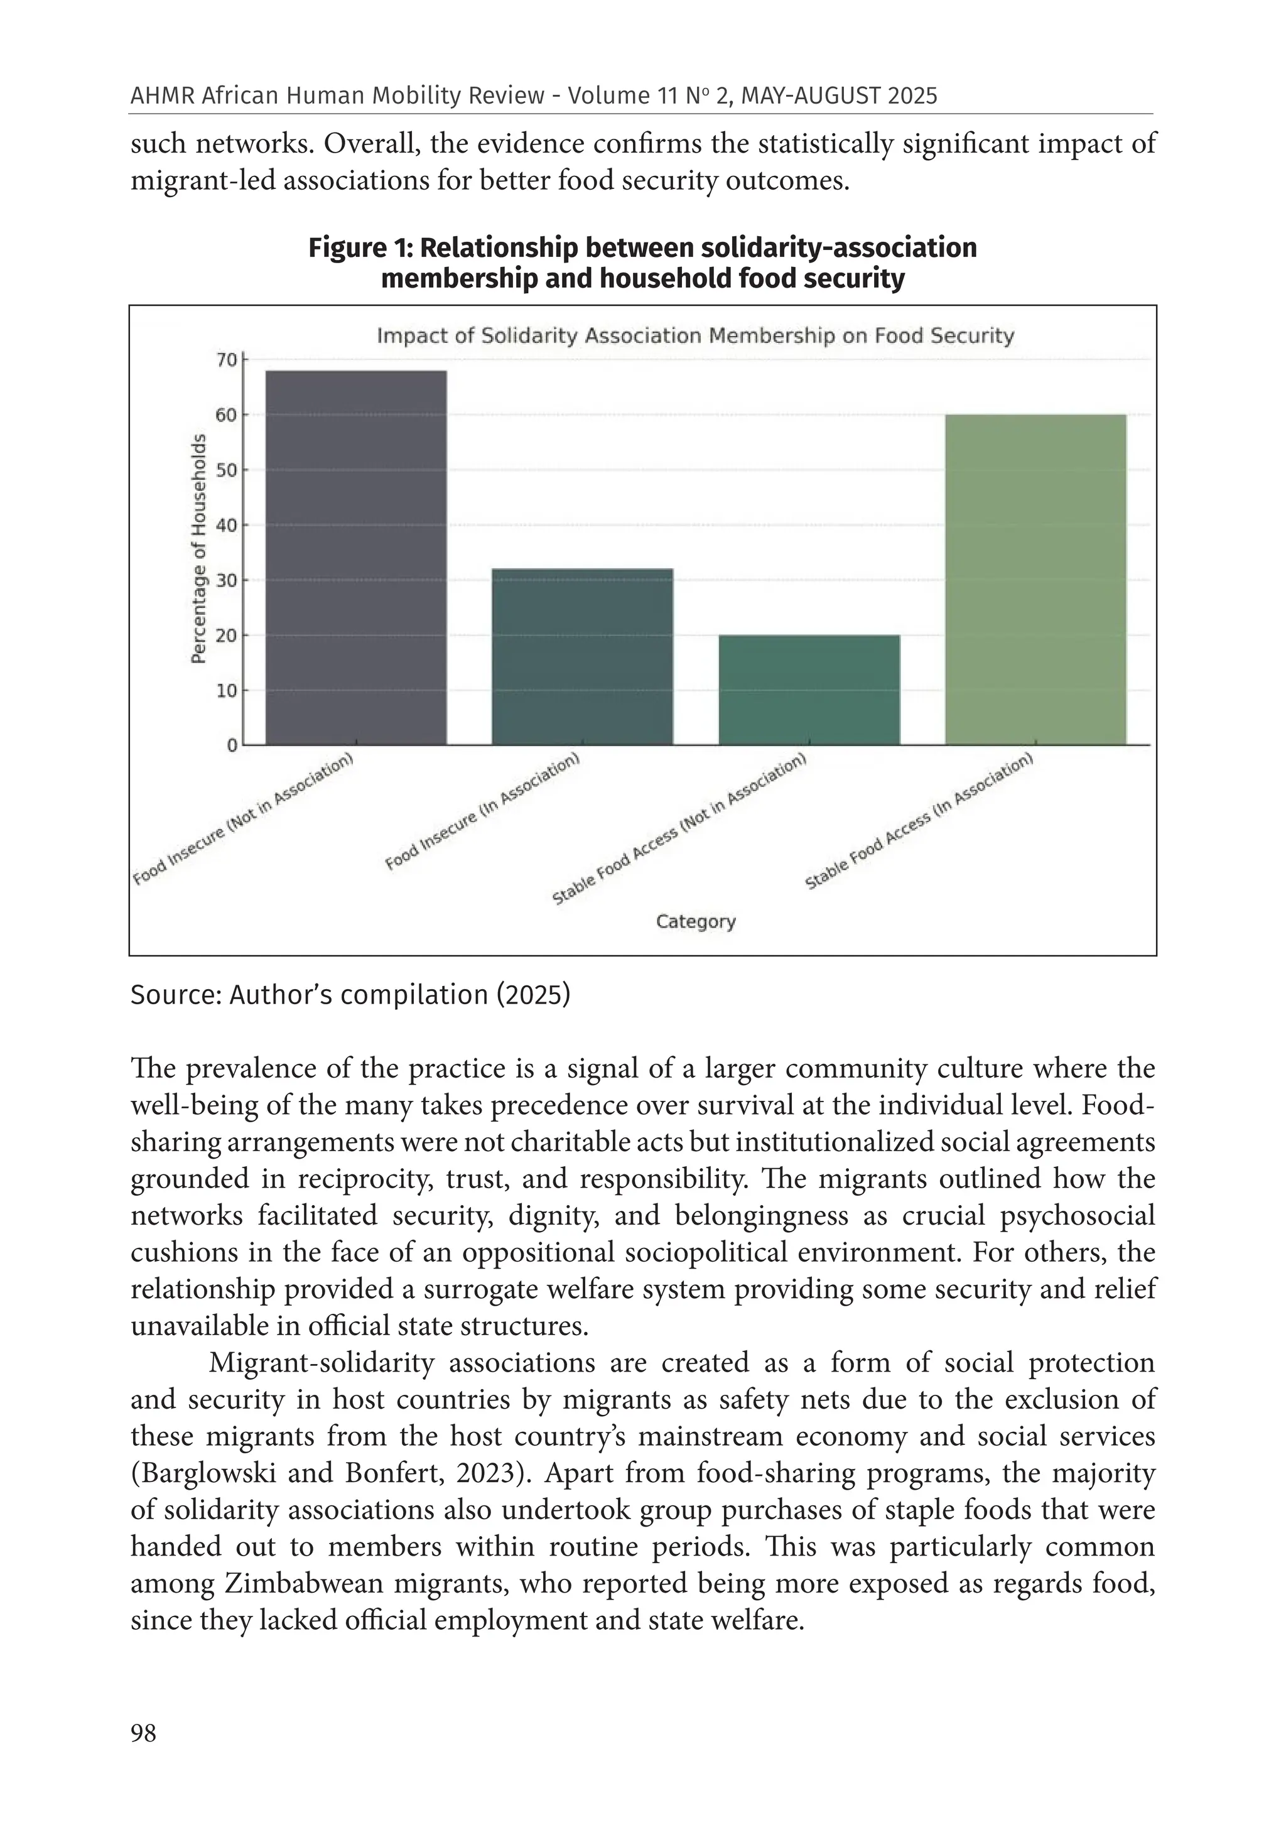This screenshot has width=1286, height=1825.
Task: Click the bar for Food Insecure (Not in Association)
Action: point(355,557)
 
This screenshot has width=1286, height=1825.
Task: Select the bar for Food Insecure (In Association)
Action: point(582,656)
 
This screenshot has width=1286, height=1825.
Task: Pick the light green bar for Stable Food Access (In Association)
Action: point(1035,580)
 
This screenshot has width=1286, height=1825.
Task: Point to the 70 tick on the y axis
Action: point(227,360)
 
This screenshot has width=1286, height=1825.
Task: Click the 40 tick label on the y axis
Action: point(227,526)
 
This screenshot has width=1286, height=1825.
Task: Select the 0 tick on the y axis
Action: point(232,745)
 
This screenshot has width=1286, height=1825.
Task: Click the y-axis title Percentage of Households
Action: point(198,548)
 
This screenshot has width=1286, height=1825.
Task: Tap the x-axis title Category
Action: point(696,921)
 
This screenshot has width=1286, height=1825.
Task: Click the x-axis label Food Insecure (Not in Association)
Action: point(243,819)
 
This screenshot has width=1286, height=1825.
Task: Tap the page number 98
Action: point(143,1733)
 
